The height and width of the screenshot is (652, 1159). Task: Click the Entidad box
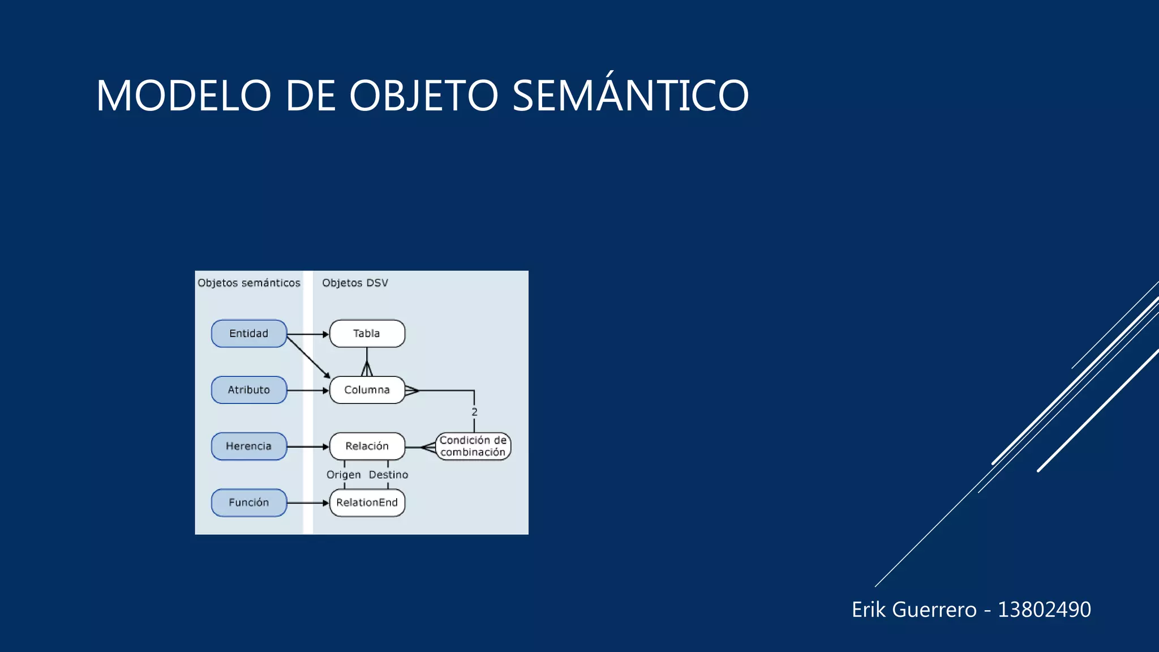point(249,333)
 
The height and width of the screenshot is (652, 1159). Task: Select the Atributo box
point(249,390)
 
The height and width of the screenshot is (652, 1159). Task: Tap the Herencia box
point(249,446)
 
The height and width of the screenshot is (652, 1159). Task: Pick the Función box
point(249,503)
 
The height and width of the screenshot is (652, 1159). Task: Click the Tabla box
point(367,333)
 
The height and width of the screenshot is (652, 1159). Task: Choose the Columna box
point(367,390)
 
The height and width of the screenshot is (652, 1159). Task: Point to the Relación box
point(367,446)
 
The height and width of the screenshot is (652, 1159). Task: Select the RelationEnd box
point(367,503)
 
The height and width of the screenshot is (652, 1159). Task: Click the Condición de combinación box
point(473,446)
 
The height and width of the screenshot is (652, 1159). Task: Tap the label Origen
point(344,475)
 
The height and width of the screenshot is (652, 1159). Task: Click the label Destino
point(388,475)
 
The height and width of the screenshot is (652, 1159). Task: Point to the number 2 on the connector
point(474,412)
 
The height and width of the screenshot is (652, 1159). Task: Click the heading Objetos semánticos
point(249,283)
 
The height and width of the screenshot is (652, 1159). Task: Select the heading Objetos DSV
point(355,283)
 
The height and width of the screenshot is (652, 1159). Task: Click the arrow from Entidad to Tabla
point(308,334)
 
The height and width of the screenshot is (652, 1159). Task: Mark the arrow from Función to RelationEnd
point(308,503)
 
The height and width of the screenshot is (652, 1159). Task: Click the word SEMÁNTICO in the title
point(630,95)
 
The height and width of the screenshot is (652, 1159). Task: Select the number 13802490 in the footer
point(1044,610)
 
